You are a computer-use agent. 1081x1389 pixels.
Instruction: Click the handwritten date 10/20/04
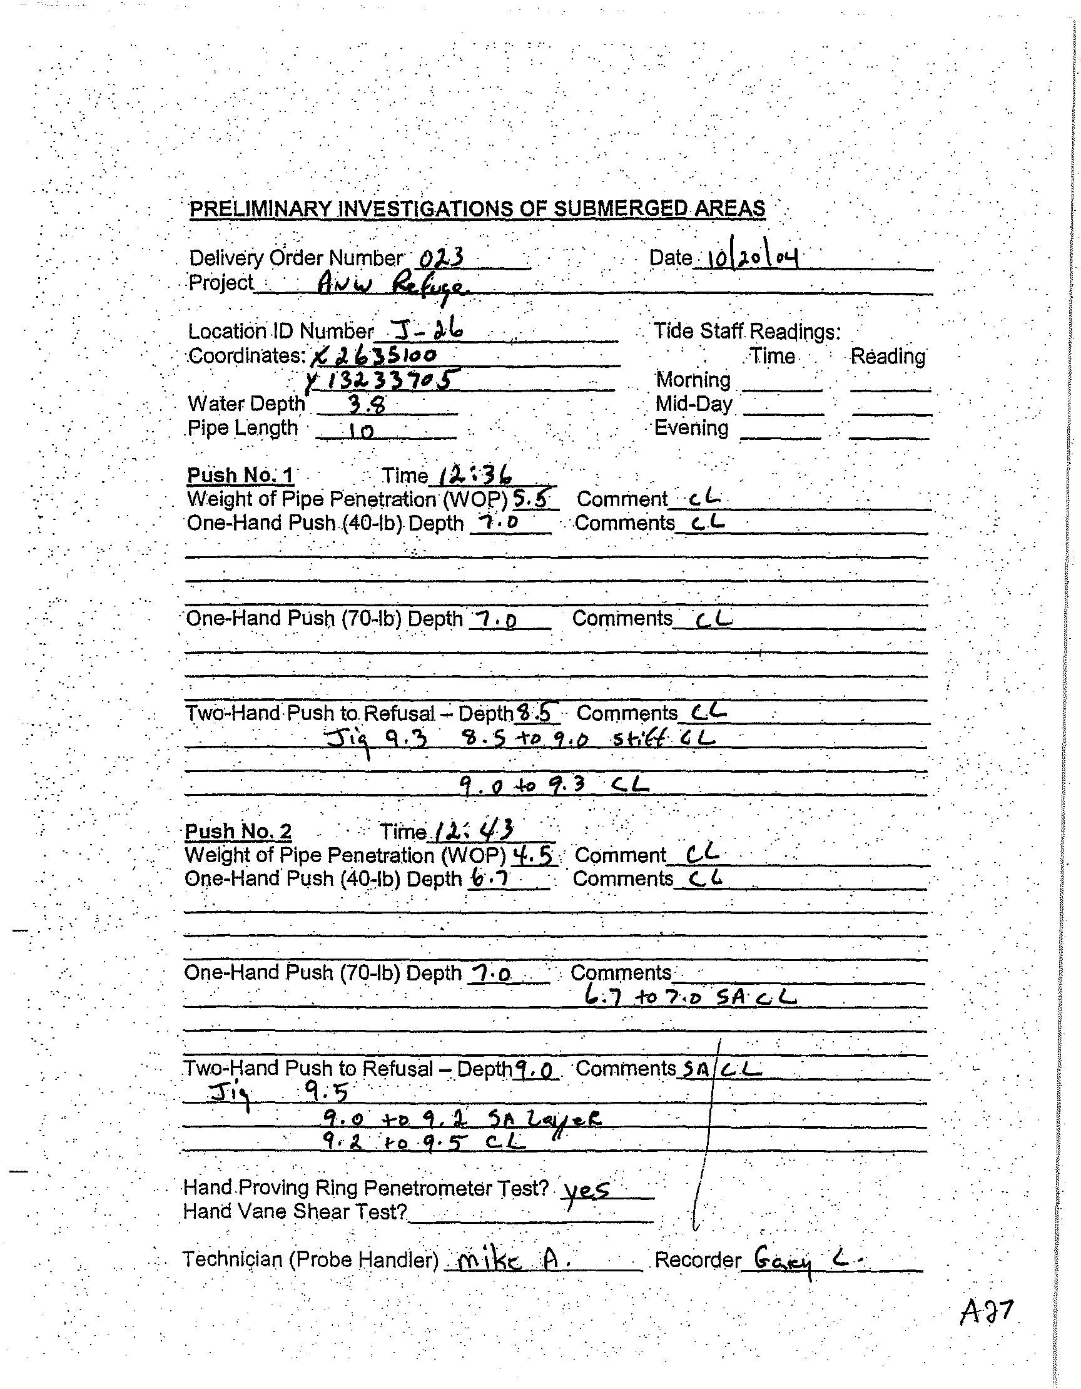coord(748,258)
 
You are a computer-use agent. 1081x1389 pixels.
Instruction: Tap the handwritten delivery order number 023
coord(440,258)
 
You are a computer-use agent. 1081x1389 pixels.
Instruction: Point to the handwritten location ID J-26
coord(427,330)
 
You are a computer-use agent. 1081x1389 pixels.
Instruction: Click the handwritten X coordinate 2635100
coord(375,355)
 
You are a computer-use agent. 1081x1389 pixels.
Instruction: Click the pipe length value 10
coord(360,431)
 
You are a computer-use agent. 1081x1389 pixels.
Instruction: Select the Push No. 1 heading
coord(240,475)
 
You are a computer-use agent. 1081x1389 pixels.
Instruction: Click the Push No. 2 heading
coord(238,832)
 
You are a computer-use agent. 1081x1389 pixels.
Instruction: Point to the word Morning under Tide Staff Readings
coord(693,380)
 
